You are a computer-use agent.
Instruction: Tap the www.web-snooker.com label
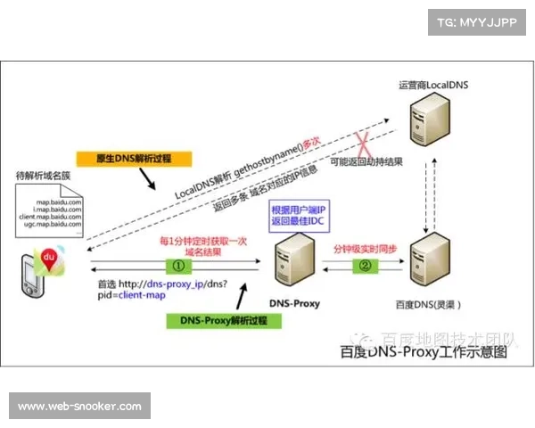pos(80,407)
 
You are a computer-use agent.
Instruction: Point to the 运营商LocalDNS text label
pos(434,85)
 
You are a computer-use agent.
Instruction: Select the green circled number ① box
pos(177,265)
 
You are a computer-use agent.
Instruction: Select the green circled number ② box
pos(364,265)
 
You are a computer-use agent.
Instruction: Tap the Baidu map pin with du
pos(49,259)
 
